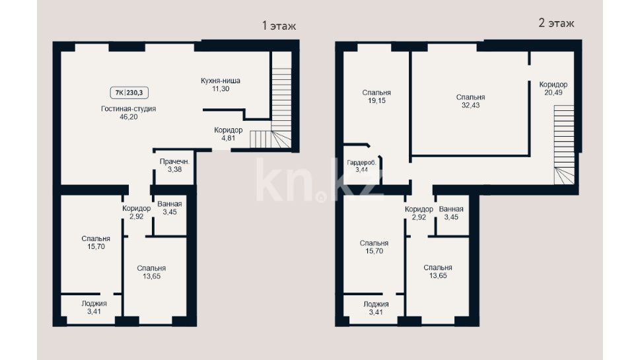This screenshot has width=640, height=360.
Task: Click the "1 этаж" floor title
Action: (x=279, y=26)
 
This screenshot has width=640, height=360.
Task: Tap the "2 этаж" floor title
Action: (x=556, y=23)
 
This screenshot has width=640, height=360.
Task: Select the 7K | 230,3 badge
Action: (x=129, y=92)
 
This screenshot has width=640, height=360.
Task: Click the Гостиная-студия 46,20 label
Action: (x=129, y=113)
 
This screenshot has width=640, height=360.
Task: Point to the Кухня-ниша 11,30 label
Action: (x=221, y=85)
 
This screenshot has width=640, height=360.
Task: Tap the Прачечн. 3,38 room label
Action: (x=174, y=165)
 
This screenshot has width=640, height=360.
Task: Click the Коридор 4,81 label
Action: (x=228, y=134)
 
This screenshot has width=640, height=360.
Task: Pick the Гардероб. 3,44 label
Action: (x=362, y=166)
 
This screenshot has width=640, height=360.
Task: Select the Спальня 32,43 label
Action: (x=471, y=101)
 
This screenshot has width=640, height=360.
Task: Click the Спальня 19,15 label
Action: (x=376, y=96)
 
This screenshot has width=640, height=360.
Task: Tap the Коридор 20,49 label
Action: (x=553, y=88)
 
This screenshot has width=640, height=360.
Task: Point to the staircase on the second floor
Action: (x=564, y=145)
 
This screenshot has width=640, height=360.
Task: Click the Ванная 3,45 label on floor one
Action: (x=169, y=208)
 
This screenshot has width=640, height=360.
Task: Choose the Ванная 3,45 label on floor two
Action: (x=451, y=213)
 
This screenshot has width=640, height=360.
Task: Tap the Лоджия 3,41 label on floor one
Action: (x=94, y=307)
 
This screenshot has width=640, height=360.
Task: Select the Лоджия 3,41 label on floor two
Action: (x=376, y=308)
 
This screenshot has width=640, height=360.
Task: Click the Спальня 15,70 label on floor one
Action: (x=96, y=242)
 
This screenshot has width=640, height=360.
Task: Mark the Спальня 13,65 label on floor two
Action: (x=437, y=271)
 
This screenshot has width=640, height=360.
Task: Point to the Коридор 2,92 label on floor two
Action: (x=419, y=213)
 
